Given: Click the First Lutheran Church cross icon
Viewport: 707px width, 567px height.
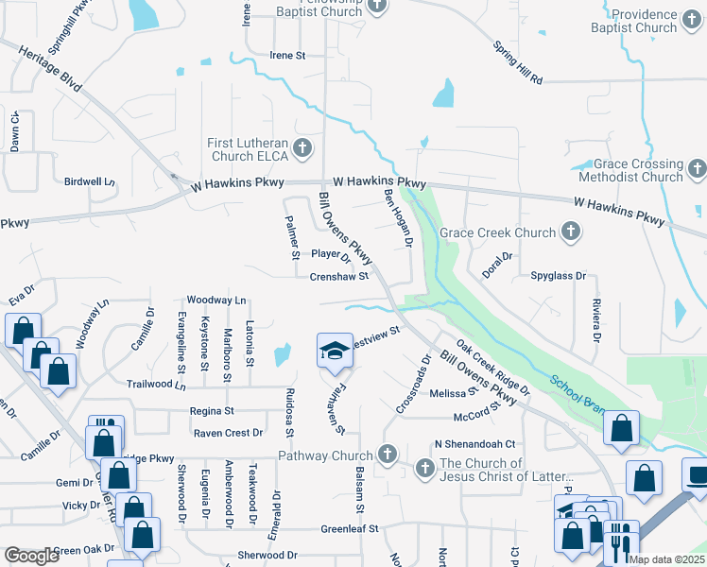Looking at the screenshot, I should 302,148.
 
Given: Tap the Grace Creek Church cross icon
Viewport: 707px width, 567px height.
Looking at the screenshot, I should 571,232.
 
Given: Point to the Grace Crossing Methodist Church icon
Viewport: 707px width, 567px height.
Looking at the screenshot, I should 697,169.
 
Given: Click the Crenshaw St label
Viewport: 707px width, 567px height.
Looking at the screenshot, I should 339,277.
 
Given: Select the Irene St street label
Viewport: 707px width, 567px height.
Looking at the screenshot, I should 287,56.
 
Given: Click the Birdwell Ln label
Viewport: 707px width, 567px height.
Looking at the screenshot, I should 90,181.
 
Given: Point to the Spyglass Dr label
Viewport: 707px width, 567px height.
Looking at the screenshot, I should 559,277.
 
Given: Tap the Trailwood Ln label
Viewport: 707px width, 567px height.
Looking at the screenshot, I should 156,385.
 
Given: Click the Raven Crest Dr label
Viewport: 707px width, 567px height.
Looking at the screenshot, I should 228,433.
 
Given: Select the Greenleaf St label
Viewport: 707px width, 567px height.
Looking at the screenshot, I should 349,529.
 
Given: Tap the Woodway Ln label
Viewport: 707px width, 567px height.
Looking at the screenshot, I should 216,300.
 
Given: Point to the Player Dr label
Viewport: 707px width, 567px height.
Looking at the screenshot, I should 331,254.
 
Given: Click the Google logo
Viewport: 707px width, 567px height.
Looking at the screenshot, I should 31,556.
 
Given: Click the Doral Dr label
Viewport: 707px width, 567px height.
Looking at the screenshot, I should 496,256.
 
